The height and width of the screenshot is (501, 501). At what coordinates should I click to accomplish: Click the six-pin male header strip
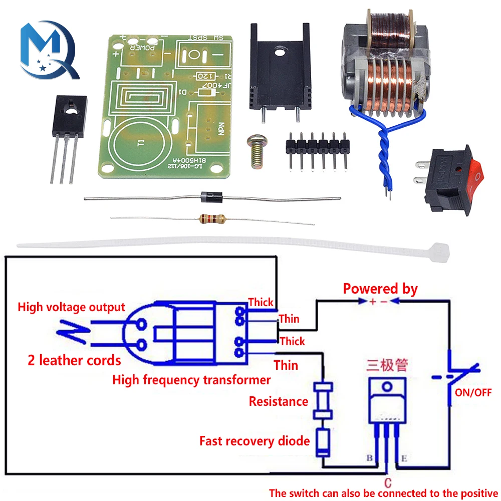[x=317, y=145]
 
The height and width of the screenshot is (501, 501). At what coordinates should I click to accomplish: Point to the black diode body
[x=211, y=198]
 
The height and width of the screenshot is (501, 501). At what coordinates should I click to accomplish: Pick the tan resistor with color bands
[x=211, y=219]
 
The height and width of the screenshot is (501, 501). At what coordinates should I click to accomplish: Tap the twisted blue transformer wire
[x=389, y=150]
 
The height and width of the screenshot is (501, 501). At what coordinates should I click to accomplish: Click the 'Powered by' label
[x=380, y=289]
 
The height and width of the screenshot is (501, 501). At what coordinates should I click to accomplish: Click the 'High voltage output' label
[x=71, y=307]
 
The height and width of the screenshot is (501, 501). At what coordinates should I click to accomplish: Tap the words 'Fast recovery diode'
[x=255, y=441]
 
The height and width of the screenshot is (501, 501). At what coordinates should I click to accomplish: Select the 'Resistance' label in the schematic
[x=278, y=401]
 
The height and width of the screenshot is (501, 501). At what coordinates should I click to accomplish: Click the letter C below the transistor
[x=387, y=483]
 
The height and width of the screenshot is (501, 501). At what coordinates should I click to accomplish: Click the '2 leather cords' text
[x=74, y=360]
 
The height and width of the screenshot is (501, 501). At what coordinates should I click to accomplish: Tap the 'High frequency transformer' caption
[x=191, y=380]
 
